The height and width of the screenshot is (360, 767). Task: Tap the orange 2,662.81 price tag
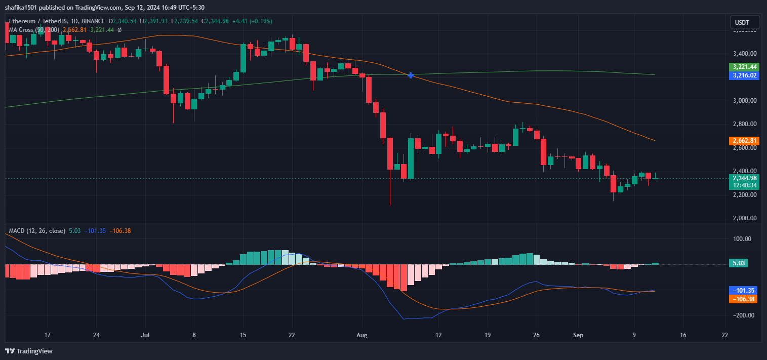(743, 140)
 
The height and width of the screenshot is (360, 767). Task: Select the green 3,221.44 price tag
(743, 67)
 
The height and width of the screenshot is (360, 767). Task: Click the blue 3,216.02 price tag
(743, 75)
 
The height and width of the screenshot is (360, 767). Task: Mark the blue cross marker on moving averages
(411, 75)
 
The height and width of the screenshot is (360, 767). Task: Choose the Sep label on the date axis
(578, 335)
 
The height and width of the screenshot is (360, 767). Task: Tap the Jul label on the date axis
(146, 335)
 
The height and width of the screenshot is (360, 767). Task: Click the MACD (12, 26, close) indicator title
(37, 231)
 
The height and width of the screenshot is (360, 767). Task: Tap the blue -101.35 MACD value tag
(743, 291)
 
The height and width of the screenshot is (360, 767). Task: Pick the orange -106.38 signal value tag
(743, 299)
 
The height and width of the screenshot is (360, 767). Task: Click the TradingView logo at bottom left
(29, 351)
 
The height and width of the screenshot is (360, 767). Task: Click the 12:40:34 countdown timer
(743, 185)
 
